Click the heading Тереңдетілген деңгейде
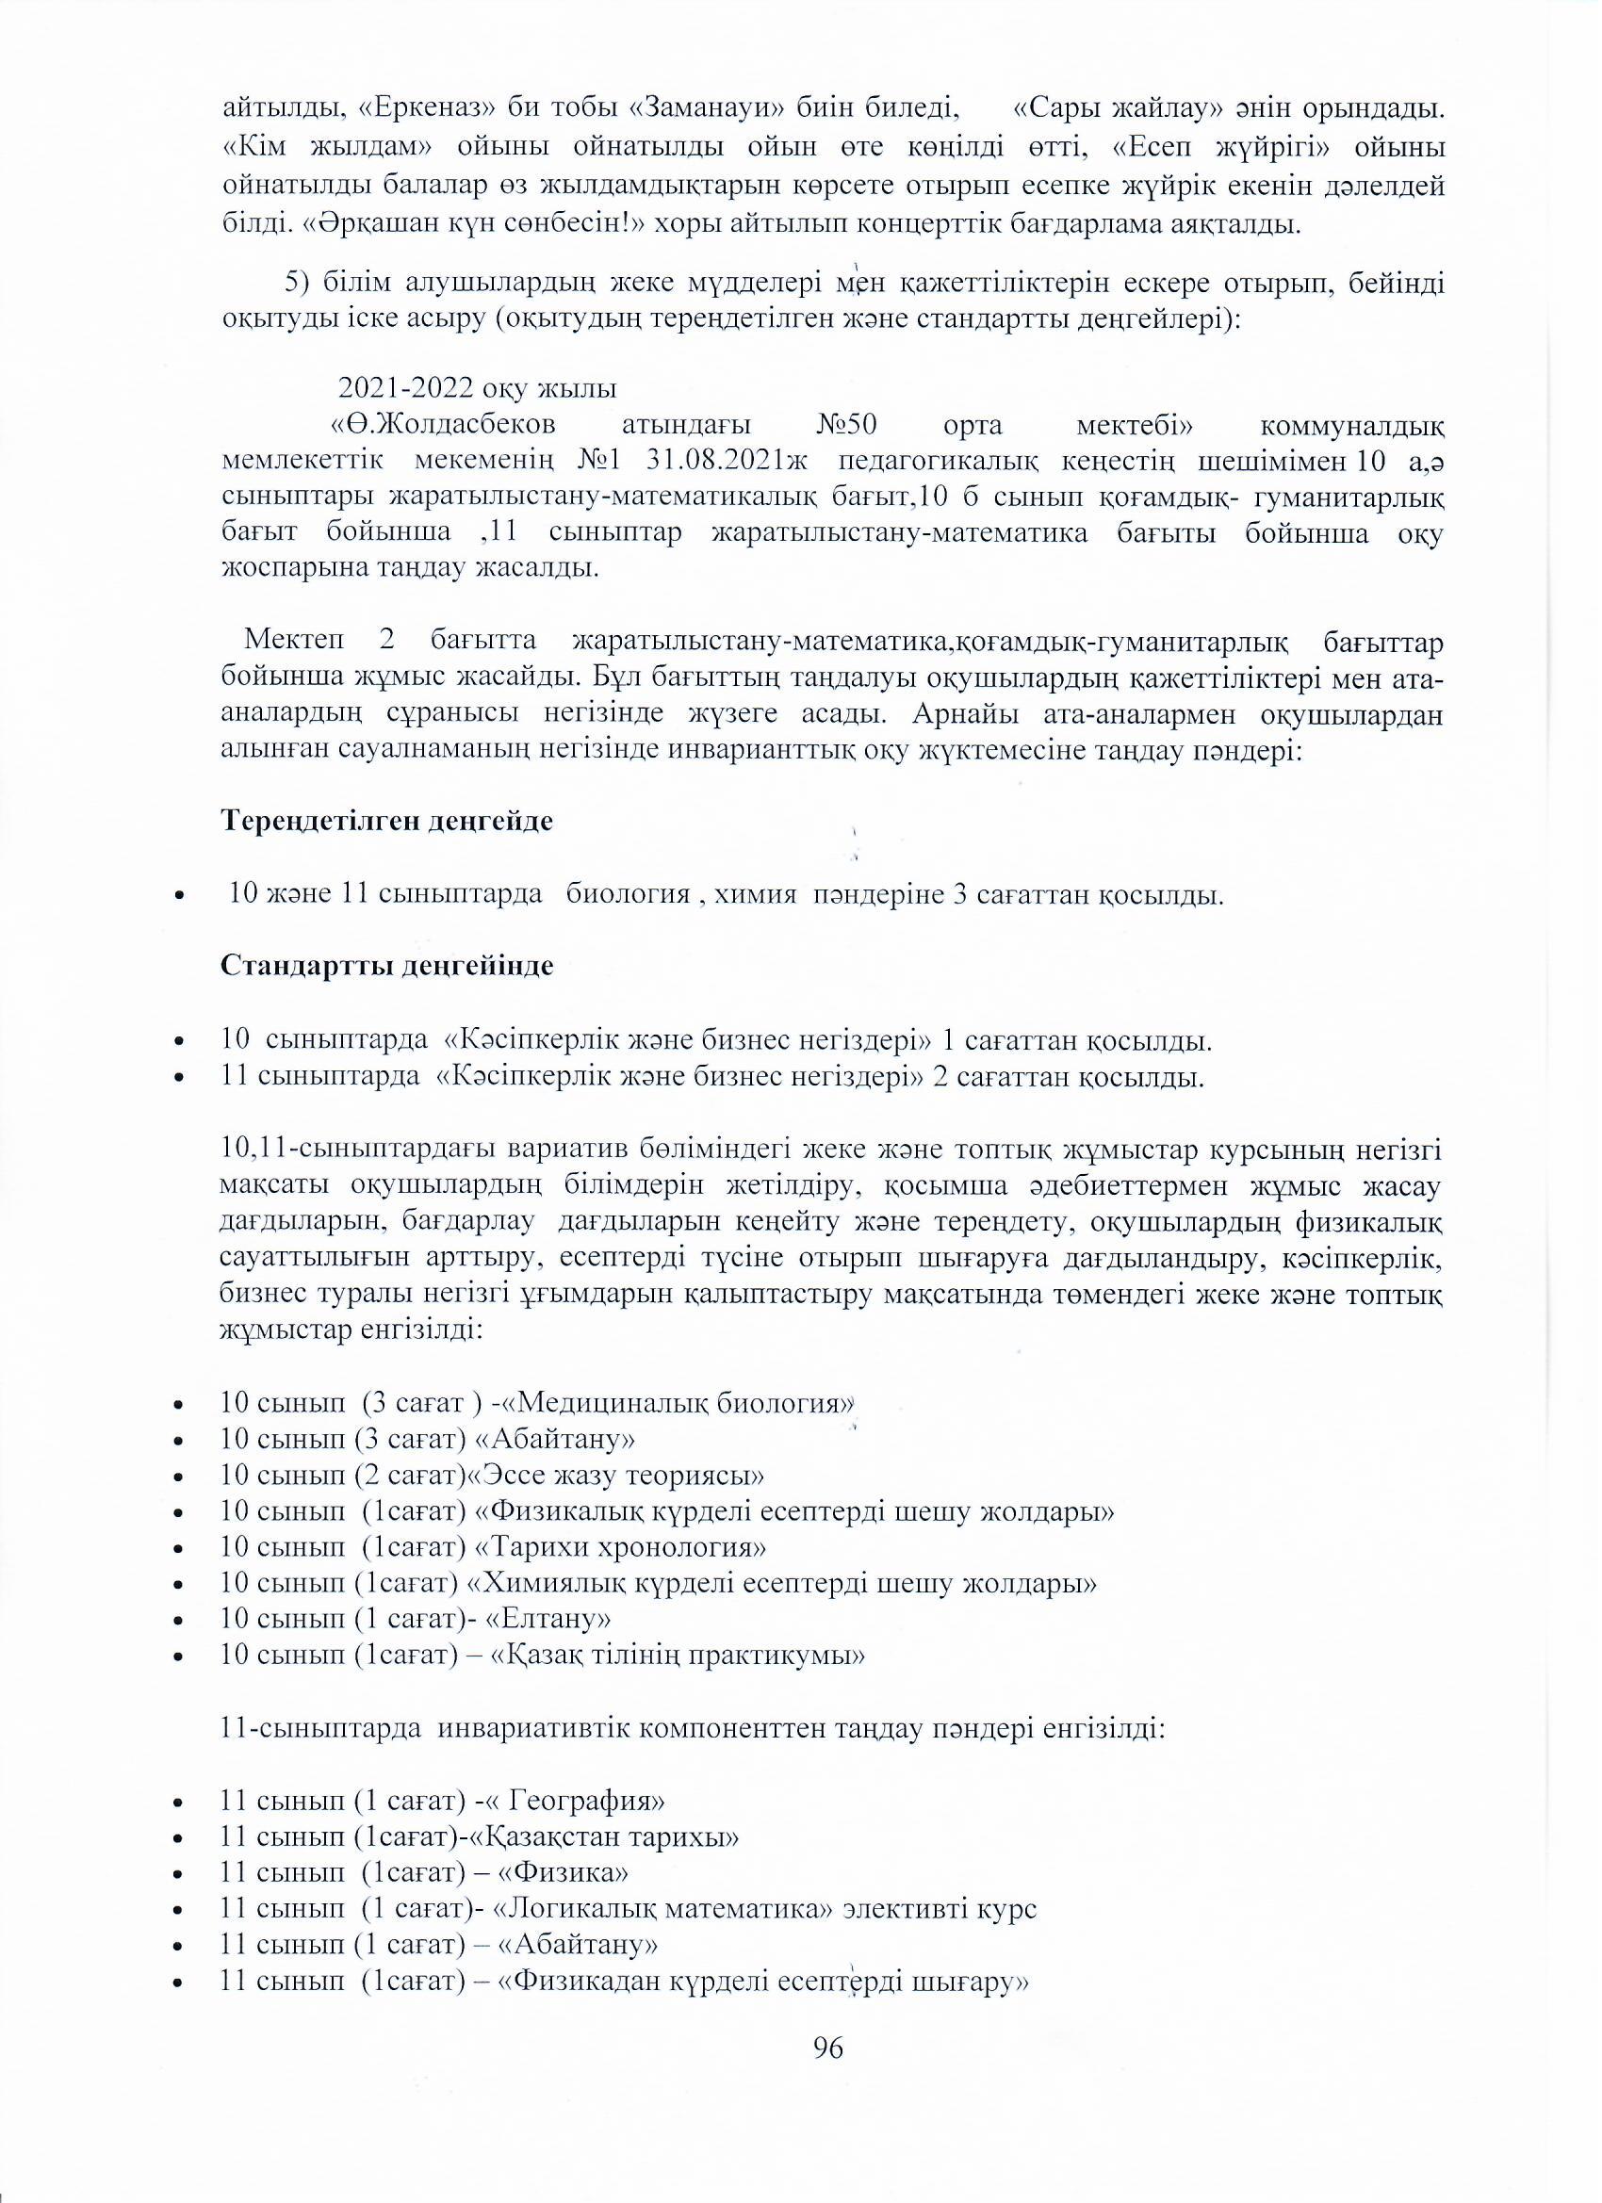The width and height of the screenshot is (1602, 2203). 387,821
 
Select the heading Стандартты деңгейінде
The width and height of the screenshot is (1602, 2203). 387,967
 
